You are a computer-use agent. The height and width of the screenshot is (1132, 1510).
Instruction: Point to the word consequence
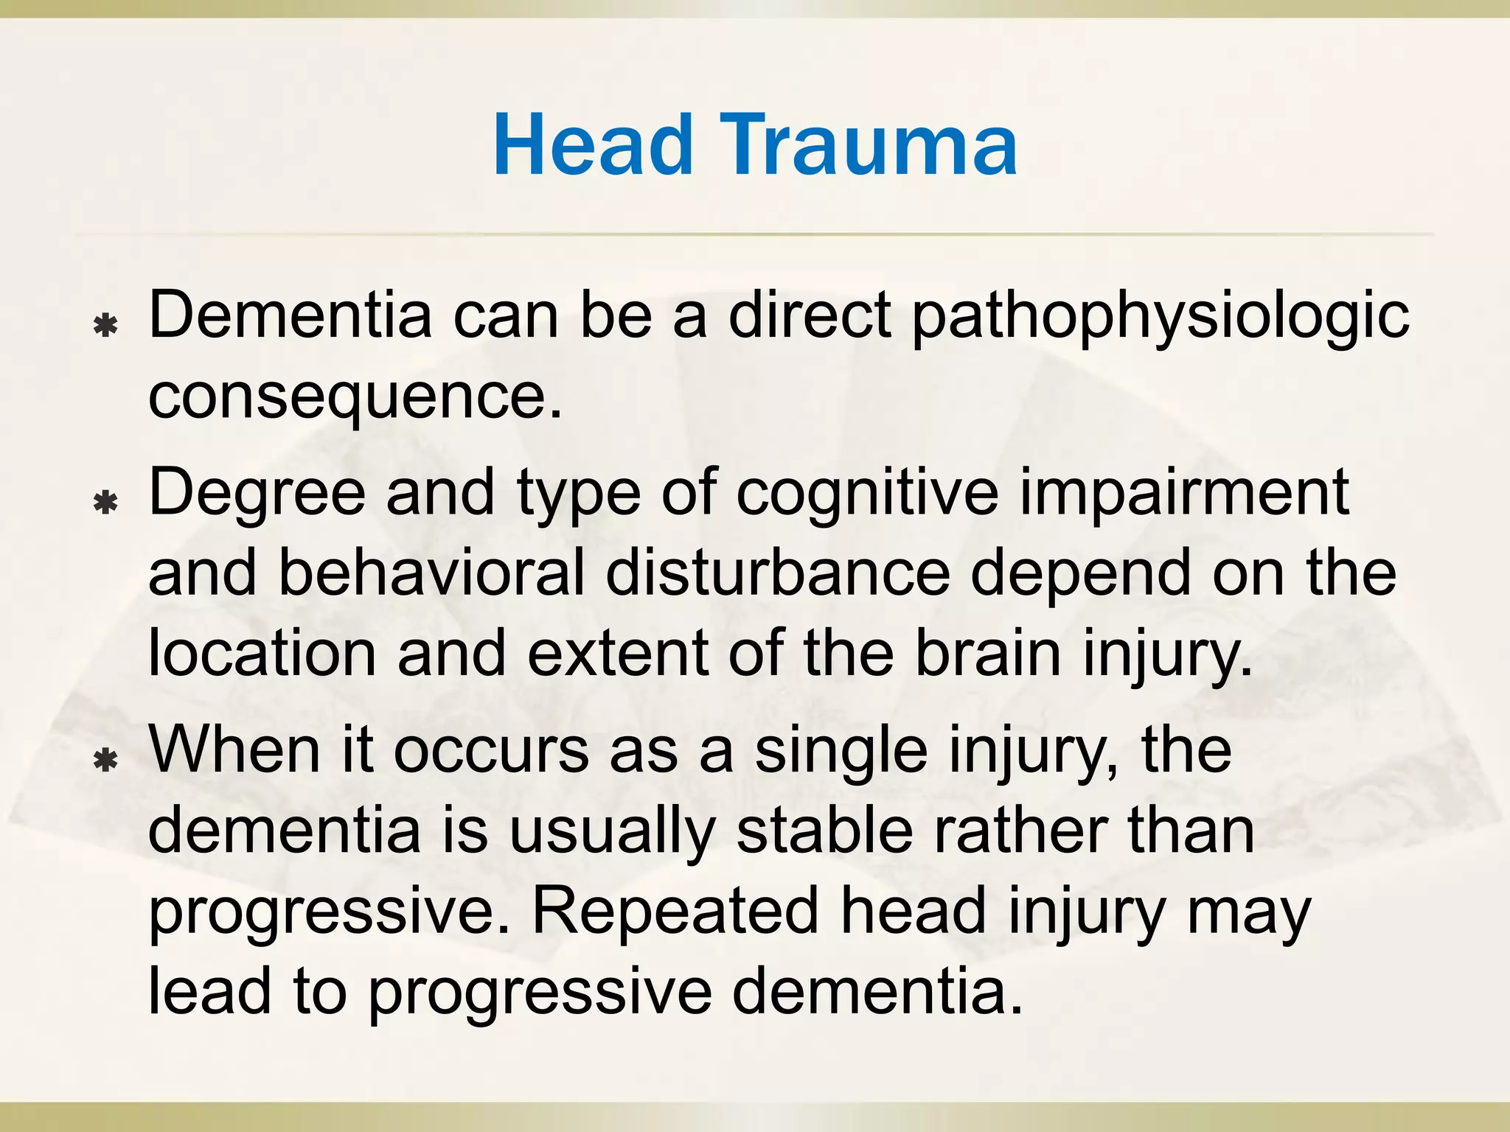[355, 396]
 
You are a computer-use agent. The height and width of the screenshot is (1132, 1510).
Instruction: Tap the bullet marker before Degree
[107, 503]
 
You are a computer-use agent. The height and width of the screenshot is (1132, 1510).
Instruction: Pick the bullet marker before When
[107, 760]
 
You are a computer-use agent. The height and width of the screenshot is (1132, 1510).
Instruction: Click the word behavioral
[431, 573]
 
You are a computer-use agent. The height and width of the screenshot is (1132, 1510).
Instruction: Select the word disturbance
[777, 573]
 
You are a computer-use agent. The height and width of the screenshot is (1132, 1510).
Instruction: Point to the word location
[262, 653]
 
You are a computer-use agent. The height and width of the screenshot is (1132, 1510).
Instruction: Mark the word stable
[824, 830]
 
